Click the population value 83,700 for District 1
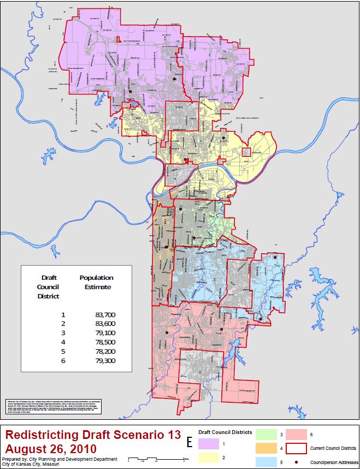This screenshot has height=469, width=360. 105,315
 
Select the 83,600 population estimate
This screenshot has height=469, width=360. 105,324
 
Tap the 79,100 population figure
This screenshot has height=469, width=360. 105,333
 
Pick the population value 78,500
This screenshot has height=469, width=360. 105,343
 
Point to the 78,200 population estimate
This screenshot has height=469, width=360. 105,352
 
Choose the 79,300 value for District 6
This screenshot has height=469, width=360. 105,361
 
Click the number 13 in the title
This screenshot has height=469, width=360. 170,435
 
